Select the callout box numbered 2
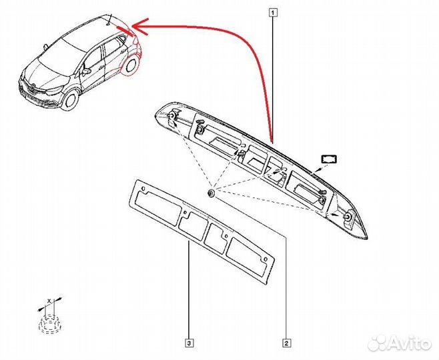tap(286, 344)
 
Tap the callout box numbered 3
tap(190, 344)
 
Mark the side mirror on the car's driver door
tap(86, 69)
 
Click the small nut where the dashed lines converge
tap(211, 193)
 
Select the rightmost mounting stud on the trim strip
tap(348, 218)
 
